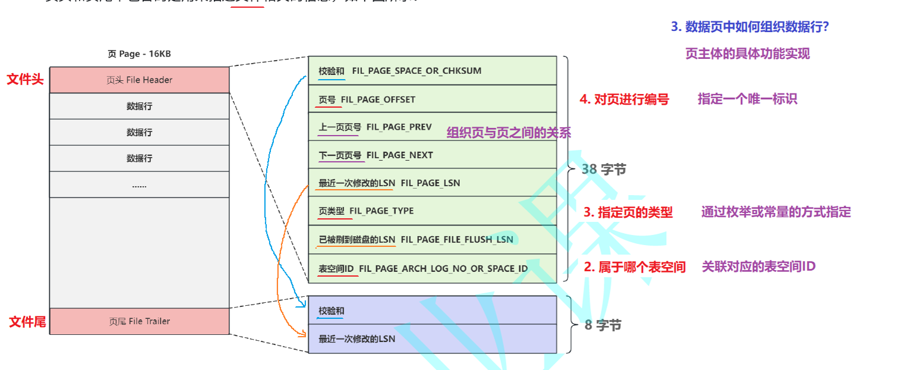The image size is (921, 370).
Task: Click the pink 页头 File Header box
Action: click(x=139, y=80)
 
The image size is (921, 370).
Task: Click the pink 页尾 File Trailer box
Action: click(x=139, y=321)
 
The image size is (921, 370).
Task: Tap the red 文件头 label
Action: click(x=25, y=80)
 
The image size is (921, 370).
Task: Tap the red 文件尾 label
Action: click(x=27, y=322)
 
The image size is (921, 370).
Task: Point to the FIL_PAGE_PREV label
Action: click(x=399, y=127)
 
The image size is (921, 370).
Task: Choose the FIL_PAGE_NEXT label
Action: click(x=399, y=155)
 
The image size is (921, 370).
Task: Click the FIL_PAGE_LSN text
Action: click(x=430, y=183)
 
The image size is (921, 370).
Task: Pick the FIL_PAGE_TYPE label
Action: click(x=381, y=211)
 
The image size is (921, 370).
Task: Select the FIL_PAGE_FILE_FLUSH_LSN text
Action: click(x=457, y=239)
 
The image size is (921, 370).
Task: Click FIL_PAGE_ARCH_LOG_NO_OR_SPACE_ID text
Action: click(x=443, y=268)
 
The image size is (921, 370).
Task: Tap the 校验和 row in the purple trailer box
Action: click(x=331, y=311)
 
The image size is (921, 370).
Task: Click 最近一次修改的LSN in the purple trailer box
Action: click(x=357, y=339)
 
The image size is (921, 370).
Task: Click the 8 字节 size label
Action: click(x=603, y=325)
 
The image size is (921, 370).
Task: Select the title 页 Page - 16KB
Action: click(x=139, y=54)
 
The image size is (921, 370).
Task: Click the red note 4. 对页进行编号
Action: click(x=624, y=100)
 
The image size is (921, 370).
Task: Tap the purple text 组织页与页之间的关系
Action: click(x=509, y=133)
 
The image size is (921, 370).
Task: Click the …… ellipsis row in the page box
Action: click(x=139, y=185)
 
